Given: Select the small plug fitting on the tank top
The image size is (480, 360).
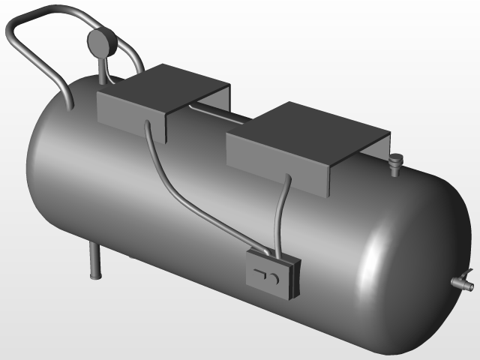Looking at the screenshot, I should tap(395, 161).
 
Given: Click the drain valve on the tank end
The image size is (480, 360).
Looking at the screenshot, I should tap(460, 283).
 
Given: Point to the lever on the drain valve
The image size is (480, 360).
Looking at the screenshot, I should tap(468, 273).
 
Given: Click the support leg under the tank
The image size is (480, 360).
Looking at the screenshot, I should tap(94, 259).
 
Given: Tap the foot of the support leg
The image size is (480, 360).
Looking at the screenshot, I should tap(94, 277).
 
